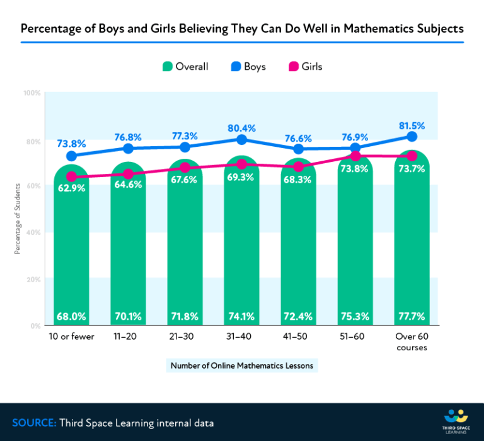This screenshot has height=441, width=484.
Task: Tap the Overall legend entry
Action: point(185,66)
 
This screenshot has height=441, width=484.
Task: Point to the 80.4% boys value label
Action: point(241,129)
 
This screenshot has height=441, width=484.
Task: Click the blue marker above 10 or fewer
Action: point(71,156)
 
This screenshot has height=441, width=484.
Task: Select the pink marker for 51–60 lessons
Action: point(355,156)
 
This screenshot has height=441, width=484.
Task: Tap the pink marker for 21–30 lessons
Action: point(185,168)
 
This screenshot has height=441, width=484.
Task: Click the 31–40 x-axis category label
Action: point(241,336)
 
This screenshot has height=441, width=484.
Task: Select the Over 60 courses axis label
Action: point(412,341)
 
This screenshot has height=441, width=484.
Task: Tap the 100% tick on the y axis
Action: point(32,93)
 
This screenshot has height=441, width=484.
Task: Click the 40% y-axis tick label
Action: point(33,233)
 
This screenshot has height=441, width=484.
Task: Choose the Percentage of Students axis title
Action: point(18,219)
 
